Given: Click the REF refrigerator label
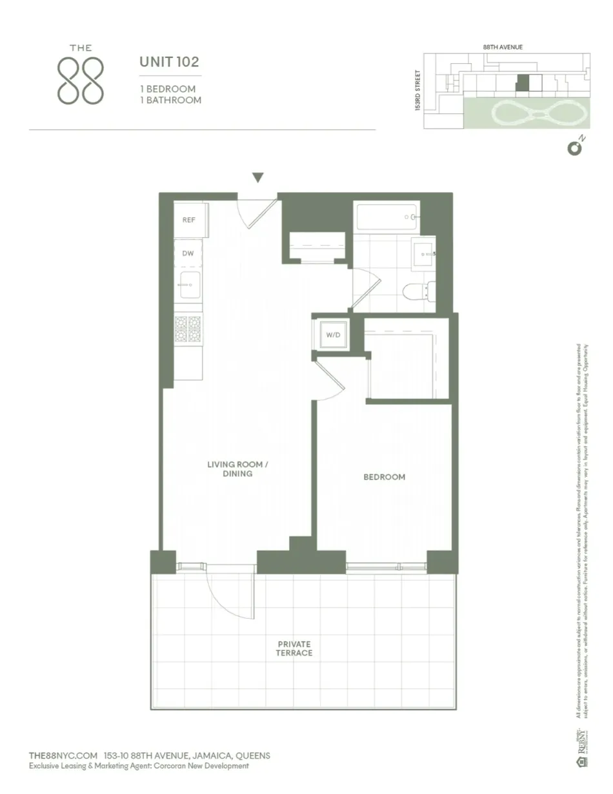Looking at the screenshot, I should pyautogui.click(x=188, y=220).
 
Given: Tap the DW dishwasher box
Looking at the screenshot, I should pyautogui.click(x=188, y=253).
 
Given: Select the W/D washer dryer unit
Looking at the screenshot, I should pyautogui.click(x=332, y=335).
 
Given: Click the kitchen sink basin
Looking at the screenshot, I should pyautogui.click(x=190, y=284).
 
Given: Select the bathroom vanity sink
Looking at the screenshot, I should pyautogui.click(x=424, y=254).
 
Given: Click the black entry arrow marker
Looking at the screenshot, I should pyautogui.click(x=258, y=178).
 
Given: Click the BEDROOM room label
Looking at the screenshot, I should pyautogui.click(x=384, y=477).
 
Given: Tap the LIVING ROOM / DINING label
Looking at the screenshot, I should pyautogui.click(x=229, y=469).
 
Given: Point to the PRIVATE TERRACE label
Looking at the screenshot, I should pyautogui.click(x=294, y=648).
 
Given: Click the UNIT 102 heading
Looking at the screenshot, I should pyautogui.click(x=169, y=63).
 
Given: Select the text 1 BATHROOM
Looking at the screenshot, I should pyautogui.click(x=170, y=100).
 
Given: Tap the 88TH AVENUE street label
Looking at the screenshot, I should pyautogui.click(x=503, y=47).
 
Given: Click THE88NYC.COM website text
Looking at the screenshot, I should pyautogui.click(x=63, y=755).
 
